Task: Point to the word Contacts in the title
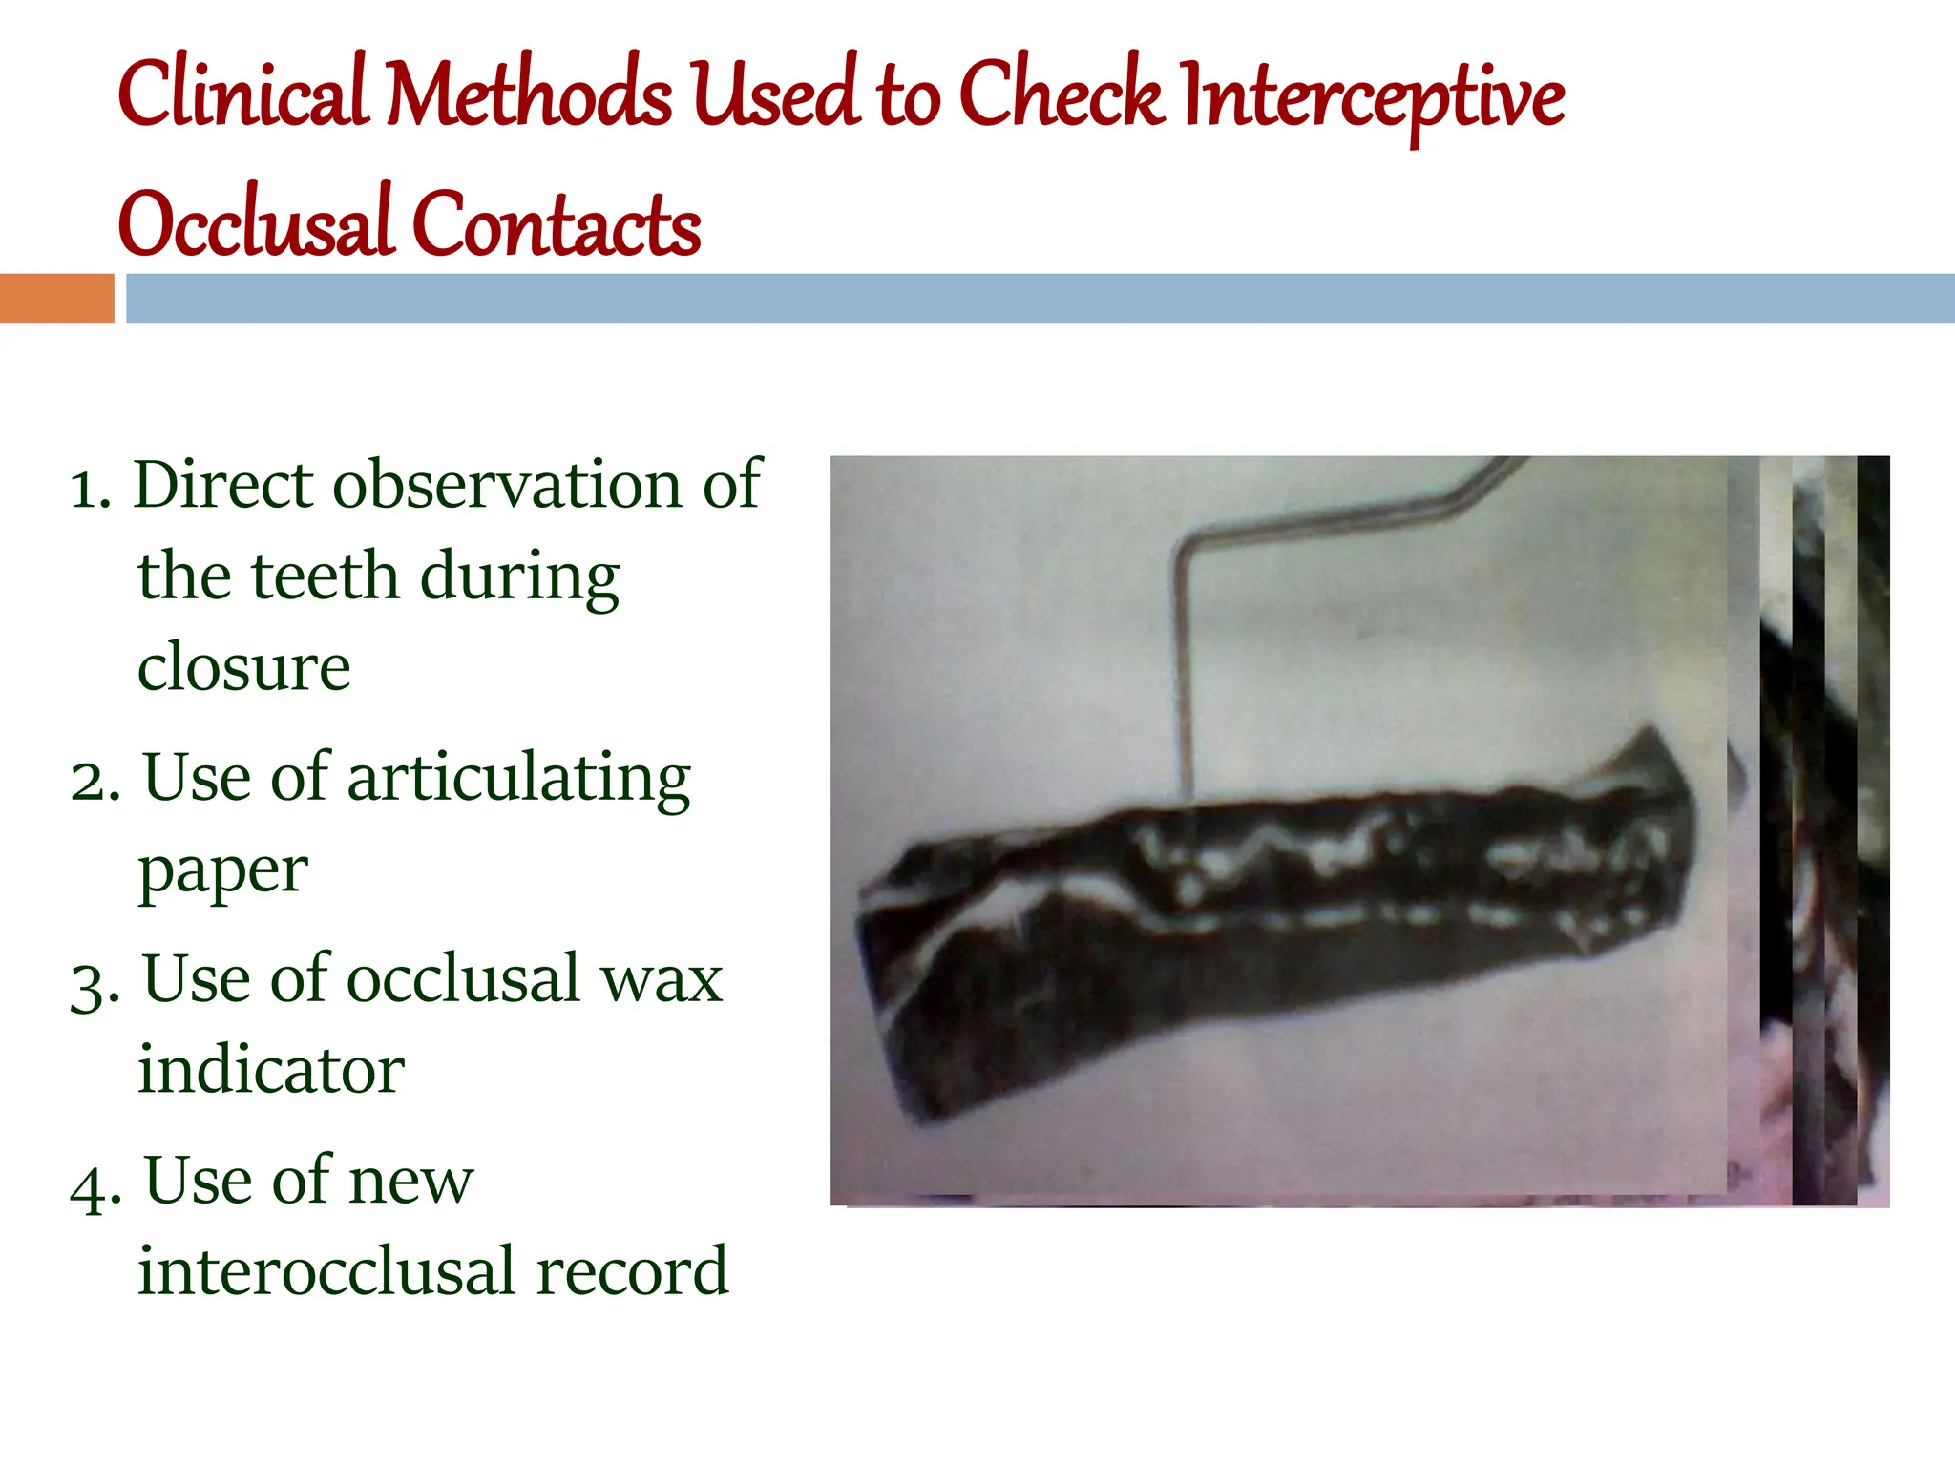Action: [x=557, y=224]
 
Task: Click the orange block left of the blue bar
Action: [x=56, y=298]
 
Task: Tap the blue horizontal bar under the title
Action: [x=1039, y=298]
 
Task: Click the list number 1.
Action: [x=90, y=489]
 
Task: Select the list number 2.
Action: [x=95, y=781]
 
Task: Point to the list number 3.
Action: [x=95, y=983]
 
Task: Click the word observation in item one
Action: [x=509, y=485]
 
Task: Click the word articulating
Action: [x=518, y=779]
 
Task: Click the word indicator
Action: [x=271, y=1069]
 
